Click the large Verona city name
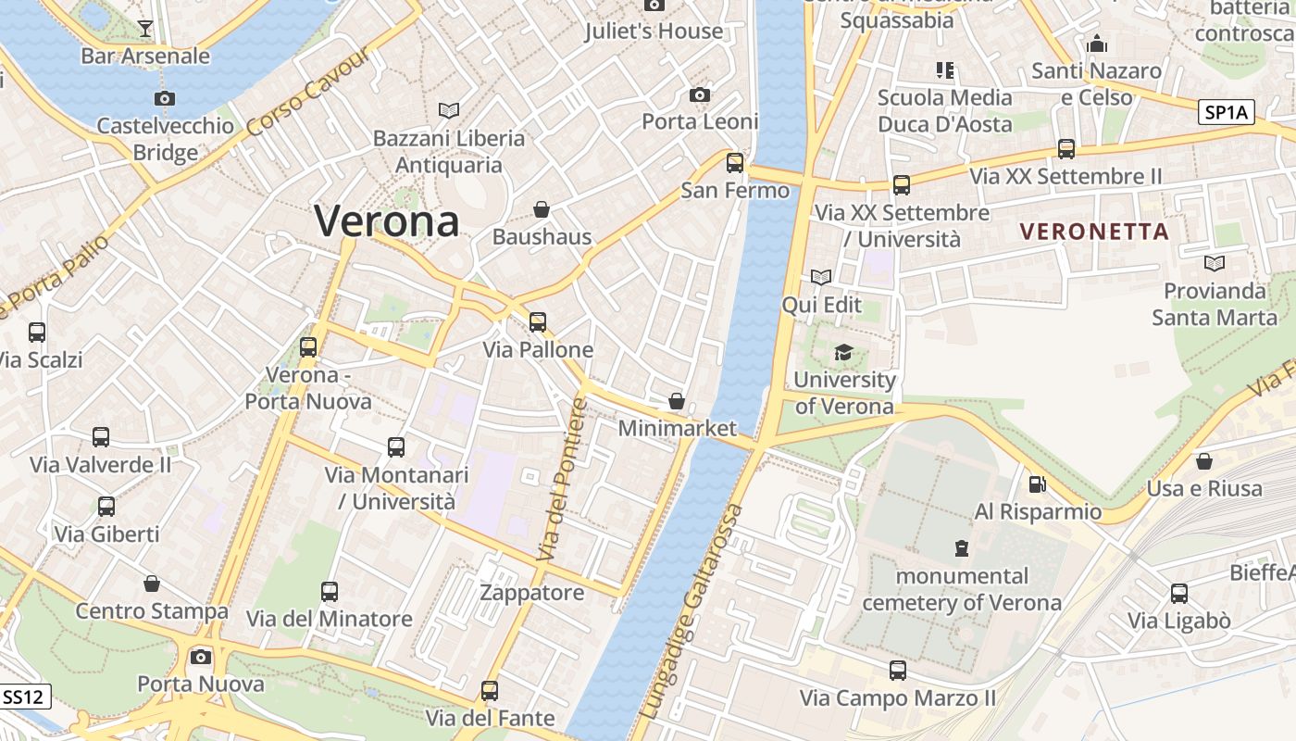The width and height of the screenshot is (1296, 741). click(x=387, y=221)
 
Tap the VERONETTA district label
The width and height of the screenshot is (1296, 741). click(x=1094, y=232)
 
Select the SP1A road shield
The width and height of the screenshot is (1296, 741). click(x=1226, y=113)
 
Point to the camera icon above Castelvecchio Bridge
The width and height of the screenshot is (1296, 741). click(x=165, y=98)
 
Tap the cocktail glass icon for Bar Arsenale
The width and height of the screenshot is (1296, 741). click(x=145, y=29)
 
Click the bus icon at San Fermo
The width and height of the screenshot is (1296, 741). click(x=735, y=163)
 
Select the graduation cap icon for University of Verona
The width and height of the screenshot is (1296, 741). click(x=843, y=352)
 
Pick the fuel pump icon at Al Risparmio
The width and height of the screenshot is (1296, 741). click(x=1038, y=484)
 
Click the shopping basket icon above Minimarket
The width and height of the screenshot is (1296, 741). click(x=677, y=401)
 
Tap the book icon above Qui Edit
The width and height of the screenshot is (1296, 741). click(x=821, y=277)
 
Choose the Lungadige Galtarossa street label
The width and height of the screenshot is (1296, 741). click(x=692, y=612)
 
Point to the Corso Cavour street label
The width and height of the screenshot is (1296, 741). click(x=309, y=91)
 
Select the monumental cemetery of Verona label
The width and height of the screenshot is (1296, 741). click(x=962, y=589)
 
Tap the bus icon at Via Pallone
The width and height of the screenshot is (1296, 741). click(x=538, y=322)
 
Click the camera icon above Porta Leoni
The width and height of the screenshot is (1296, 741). click(x=700, y=94)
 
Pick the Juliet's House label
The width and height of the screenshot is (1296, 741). click(x=654, y=31)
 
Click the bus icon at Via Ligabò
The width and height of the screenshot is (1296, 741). click(x=1178, y=593)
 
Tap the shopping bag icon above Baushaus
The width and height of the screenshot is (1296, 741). click(x=542, y=209)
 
